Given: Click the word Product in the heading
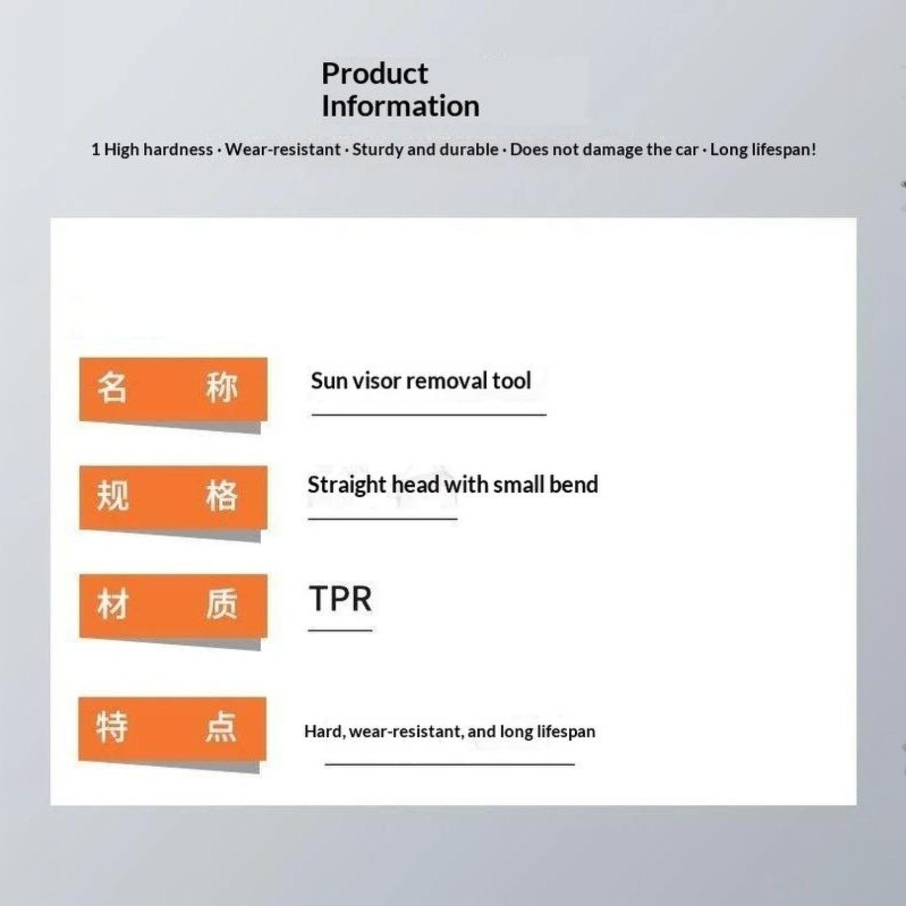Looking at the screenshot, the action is [x=375, y=74].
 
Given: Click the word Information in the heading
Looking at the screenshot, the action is [x=400, y=106].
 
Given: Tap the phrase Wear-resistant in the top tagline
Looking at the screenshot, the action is [x=283, y=149].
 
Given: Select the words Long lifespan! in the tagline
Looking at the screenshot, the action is [x=763, y=149].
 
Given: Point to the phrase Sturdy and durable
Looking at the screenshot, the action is [x=425, y=149].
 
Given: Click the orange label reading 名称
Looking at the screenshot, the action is [x=173, y=389].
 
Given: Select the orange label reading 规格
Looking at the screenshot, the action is [x=173, y=497].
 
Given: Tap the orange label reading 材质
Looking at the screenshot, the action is [x=173, y=605].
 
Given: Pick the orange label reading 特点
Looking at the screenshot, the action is [x=172, y=729].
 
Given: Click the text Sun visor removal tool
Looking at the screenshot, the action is [x=421, y=381].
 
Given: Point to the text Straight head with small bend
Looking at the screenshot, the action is [x=452, y=485].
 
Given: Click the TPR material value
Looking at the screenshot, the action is [x=340, y=599].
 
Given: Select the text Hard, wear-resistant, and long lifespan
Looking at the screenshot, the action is [x=450, y=731].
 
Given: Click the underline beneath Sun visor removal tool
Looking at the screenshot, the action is [x=429, y=414].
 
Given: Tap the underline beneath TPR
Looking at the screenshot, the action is [x=340, y=630].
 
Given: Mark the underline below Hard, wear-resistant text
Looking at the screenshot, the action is [x=450, y=764].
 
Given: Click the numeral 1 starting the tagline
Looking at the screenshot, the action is [x=95, y=149].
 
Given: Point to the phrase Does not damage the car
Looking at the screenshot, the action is [x=604, y=149].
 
